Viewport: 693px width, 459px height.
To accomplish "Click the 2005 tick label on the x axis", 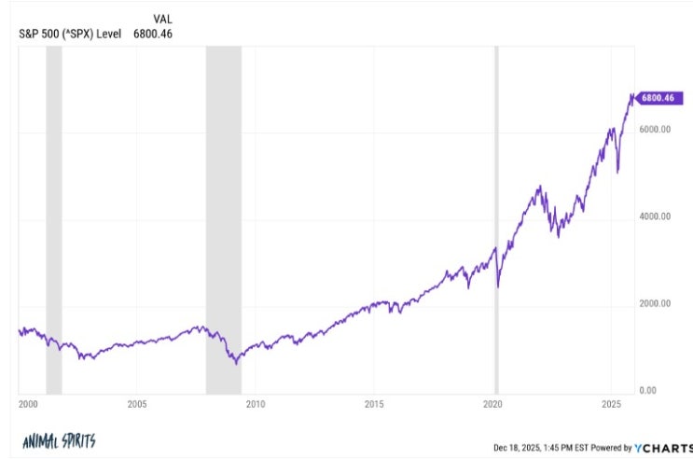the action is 137,404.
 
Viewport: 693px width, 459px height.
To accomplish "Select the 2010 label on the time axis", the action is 256,404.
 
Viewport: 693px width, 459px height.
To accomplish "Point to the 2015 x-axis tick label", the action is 374,404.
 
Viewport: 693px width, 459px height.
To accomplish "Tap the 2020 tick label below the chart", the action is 492,404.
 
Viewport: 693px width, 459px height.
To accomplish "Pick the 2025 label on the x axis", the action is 611,404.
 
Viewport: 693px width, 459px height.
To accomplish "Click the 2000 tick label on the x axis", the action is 28,404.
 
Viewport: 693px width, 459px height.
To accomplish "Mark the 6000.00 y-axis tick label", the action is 655,129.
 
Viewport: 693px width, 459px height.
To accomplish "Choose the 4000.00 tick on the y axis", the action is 655,216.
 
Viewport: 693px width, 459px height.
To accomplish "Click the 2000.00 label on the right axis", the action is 655,303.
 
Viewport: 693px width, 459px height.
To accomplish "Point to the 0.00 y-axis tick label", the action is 647,391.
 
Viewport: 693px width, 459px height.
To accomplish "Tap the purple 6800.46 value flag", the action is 658,98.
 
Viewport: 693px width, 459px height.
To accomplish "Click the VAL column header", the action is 162,19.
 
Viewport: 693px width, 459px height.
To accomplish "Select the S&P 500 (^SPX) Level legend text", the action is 70,34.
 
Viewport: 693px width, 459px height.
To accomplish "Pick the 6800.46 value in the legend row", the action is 153,34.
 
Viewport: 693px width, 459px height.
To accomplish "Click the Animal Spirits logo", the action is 59,441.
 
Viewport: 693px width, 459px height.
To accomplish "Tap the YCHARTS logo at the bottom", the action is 664,448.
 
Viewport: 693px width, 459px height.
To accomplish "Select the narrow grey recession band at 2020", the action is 496,220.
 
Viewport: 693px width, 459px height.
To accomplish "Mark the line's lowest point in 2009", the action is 237,364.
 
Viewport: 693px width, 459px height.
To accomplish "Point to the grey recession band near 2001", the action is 54,220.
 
